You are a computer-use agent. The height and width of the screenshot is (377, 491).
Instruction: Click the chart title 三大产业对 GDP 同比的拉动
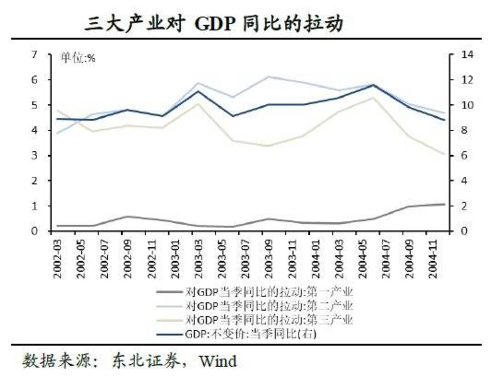tap(213, 24)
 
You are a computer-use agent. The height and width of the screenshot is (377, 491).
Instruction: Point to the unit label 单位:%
tap(78, 57)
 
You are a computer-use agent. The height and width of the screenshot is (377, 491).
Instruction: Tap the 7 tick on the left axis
tap(34, 55)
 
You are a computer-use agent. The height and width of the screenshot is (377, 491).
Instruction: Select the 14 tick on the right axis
tap(467, 55)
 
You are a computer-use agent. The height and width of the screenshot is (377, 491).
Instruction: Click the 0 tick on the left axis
tap(34, 231)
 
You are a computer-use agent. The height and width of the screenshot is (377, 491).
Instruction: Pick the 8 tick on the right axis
tap(464, 130)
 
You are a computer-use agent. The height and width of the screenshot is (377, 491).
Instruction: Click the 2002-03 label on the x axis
tap(57, 259)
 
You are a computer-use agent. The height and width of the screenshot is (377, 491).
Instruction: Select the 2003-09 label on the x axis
tap(268, 259)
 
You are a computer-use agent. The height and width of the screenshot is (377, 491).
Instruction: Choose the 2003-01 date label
tap(175, 259)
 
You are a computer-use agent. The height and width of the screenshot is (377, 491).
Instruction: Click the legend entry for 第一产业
tap(268, 292)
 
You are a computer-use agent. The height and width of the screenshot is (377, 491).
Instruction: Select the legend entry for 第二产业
tap(268, 306)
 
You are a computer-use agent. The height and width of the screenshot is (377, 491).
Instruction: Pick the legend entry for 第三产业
tap(268, 320)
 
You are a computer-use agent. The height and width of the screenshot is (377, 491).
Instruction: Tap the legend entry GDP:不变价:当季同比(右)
tap(250, 334)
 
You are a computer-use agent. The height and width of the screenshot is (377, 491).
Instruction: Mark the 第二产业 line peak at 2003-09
tap(268, 77)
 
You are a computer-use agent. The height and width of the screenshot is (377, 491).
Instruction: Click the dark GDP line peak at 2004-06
tap(374, 85)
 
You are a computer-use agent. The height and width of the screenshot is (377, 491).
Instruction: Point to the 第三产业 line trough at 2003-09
tap(268, 146)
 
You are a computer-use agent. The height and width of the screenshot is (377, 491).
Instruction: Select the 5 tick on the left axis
tap(34, 105)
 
